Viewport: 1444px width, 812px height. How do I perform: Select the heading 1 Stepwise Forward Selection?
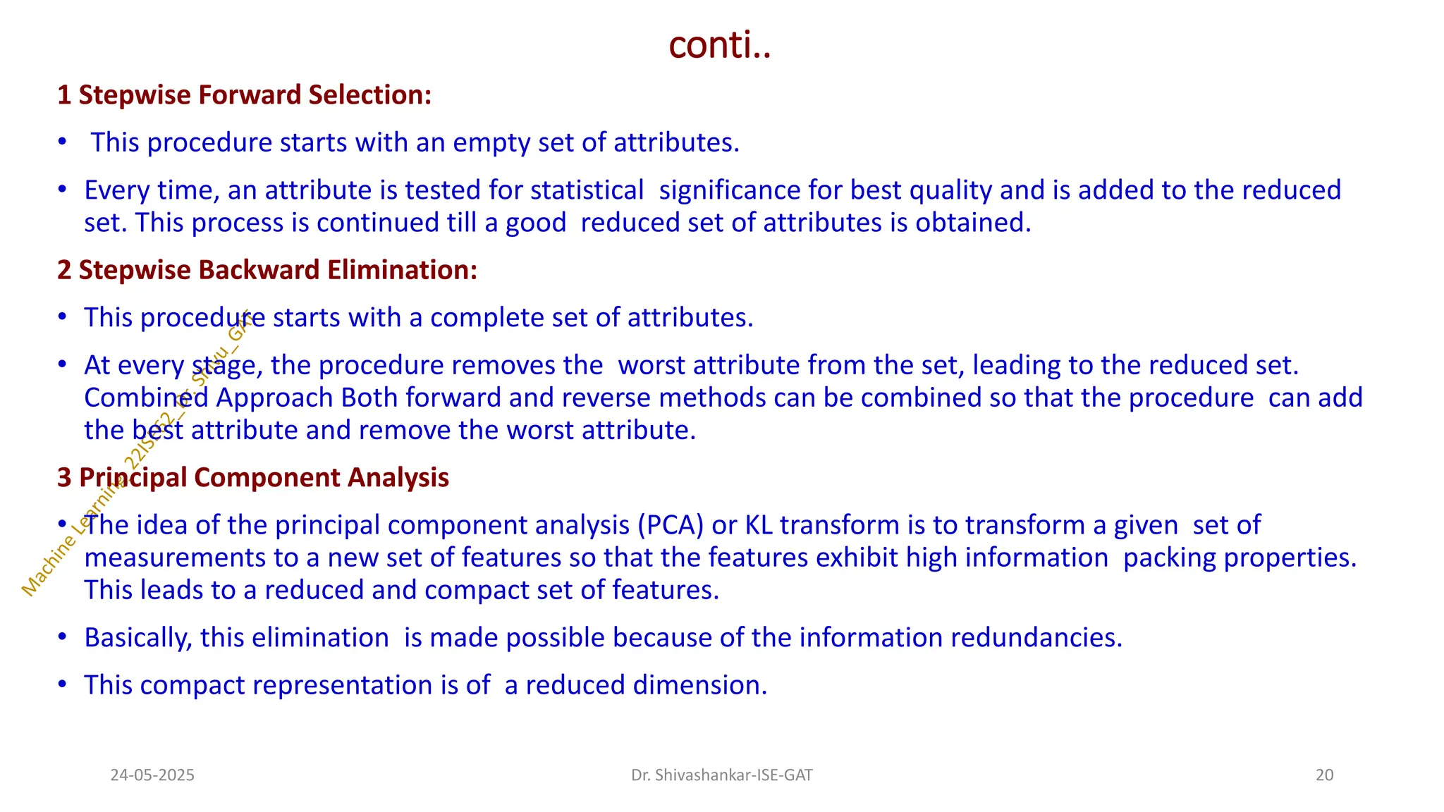(x=244, y=95)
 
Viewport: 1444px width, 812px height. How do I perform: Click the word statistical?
(x=587, y=190)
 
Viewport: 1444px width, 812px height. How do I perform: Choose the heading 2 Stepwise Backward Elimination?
(x=267, y=270)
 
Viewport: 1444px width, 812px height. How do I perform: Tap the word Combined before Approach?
(x=146, y=398)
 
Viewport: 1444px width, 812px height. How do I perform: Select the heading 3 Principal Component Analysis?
(x=253, y=478)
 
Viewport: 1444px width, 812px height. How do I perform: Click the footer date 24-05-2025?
(x=152, y=775)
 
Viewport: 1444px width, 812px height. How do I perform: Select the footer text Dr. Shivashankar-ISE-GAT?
(x=721, y=775)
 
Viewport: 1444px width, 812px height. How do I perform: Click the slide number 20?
(x=1324, y=775)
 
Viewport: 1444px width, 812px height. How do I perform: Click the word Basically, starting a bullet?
(x=138, y=638)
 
